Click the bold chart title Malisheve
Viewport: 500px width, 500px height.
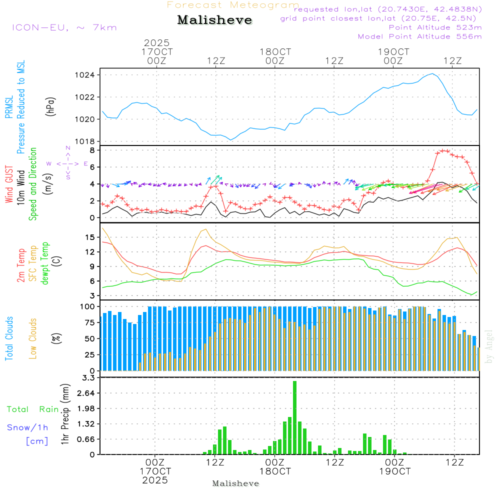pyautogui.click(x=214, y=20)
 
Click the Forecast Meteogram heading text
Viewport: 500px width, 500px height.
pyautogui.click(x=233, y=5)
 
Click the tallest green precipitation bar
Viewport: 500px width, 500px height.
pyautogui.click(x=295, y=417)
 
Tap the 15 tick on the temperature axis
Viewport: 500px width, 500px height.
pyautogui.click(x=90, y=237)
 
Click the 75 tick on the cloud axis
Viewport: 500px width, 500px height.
pyautogui.click(x=89, y=322)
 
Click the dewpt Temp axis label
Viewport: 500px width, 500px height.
pyautogui.click(x=45, y=263)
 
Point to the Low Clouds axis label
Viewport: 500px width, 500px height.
pyautogui.click(x=33, y=338)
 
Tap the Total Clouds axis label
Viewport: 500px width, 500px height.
pyautogui.click(x=9, y=338)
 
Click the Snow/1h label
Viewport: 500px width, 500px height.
pyautogui.click(x=27, y=427)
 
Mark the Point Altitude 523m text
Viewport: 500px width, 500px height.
pyautogui.click(x=435, y=27)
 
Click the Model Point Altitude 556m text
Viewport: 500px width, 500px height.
pyautogui.click(x=420, y=36)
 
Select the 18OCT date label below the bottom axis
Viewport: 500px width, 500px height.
pyautogui.click(x=274, y=471)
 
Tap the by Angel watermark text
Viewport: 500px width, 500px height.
pyautogui.click(x=489, y=346)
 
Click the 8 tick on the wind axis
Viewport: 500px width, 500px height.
pyautogui.click(x=92, y=150)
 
